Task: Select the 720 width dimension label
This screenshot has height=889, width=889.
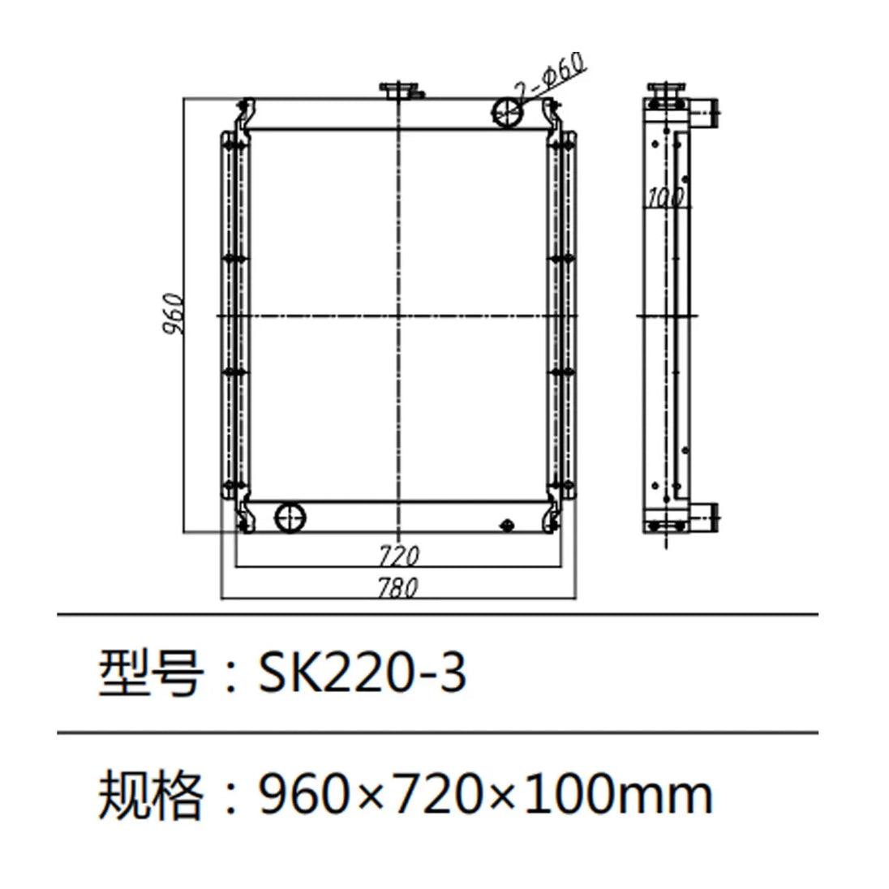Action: pyautogui.click(x=399, y=556)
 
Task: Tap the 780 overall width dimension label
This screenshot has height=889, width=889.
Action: pyautogui.click(x=397, y=587)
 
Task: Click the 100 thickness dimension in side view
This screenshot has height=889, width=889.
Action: pyautogui.click(x=666, y=196)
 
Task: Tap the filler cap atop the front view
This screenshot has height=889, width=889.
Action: pyautogui.click(x=399, y=89)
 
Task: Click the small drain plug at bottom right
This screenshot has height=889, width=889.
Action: pyautogui.click(x=508, y=525)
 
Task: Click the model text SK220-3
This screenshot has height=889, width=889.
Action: pyautogui.click(x=362, y=673)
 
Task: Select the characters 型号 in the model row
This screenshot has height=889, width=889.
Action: pyautogui.click(x=150, y=673)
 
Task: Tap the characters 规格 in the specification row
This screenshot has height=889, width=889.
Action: pyautogui.click(x=150, y=795)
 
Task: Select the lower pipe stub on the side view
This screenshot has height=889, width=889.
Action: pyautogui.click(x=706, y=515)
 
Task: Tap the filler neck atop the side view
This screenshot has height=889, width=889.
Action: pyautogui.click(x=667, y=92)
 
